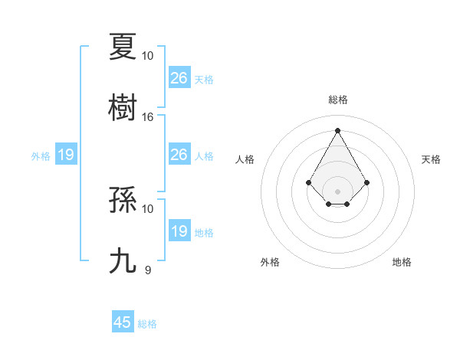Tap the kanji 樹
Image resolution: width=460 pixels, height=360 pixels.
[x=123, y=106]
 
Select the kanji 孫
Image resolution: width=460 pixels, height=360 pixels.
[x=123, y=200]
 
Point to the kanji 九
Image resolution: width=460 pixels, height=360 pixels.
[x=123, y=260]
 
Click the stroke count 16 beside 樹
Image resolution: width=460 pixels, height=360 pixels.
[x=148, y=117]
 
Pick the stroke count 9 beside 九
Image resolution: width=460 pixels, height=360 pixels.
[x=148, y=270]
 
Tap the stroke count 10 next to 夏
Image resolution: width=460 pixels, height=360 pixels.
[x=148, y=56]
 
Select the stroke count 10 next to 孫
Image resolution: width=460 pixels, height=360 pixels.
[x=148, y=208]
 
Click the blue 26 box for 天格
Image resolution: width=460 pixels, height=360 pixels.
[x=179, y=77]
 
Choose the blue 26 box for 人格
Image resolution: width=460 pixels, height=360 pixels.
[x=179, y=155]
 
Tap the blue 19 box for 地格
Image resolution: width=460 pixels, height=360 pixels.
[x=179, y=231]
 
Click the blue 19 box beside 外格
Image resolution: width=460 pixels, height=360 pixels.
[x=66, y=155]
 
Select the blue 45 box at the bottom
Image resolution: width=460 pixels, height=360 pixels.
[x=123, y=322]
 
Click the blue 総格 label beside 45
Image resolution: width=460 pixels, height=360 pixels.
[x=147, y=324]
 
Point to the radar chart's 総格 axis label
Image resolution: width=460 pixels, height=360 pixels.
[x=337, y=100]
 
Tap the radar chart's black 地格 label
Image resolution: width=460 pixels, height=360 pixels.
[x=402, y=262]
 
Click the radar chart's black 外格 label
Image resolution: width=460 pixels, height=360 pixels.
[x=270, y=262]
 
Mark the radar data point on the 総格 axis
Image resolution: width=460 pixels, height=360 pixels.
[x=337, y=130]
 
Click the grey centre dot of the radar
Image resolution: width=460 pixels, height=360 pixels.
[x=337, y=191]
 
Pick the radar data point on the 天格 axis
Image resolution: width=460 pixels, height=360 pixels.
[x=367, y=182]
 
